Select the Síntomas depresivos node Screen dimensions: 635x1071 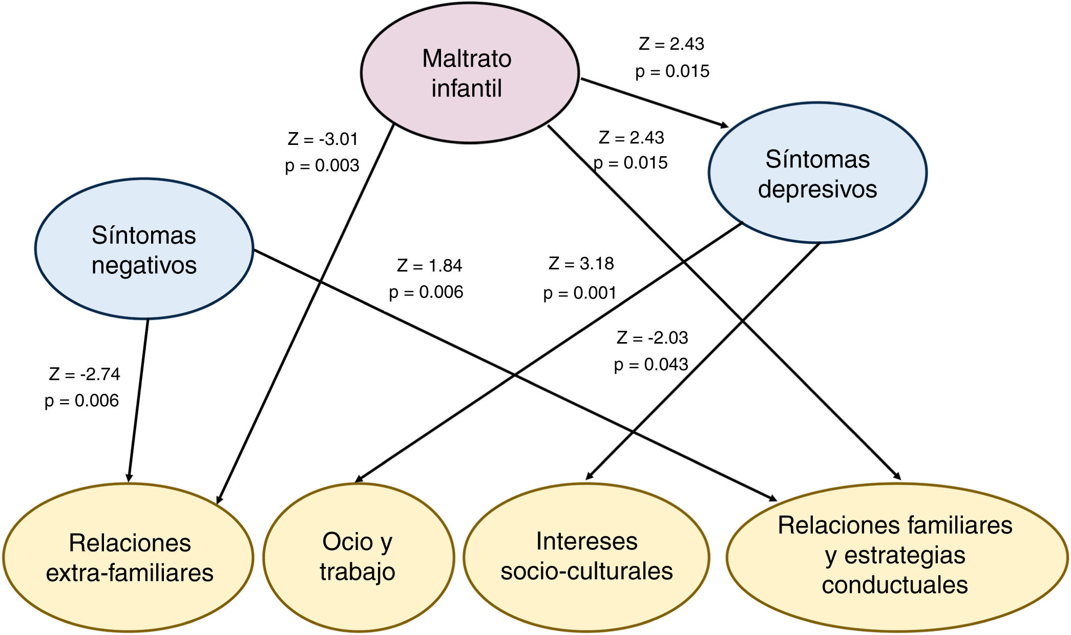point(817,173)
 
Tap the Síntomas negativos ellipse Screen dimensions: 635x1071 point(144,249)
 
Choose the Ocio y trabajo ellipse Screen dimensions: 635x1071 point(358,557)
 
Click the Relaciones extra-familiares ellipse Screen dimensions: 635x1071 point(129,558)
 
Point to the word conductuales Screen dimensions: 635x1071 point(895,585)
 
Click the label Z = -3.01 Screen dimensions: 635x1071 point(323,139)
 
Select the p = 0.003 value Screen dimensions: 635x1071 point(322,165)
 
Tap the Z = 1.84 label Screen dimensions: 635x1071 point(429,265)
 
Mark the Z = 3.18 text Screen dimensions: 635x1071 point(581,263)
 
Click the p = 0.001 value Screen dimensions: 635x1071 point(579,293)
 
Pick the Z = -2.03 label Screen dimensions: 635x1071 point(652,337)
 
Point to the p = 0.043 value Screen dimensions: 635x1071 point(651,365)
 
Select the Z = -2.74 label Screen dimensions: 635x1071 point(85,374)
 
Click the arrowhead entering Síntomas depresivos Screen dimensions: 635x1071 point(723,124)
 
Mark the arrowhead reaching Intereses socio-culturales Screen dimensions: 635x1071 point(590,476)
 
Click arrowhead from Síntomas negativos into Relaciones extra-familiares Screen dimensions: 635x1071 point(130,478)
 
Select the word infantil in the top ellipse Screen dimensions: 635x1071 point(467,88)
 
